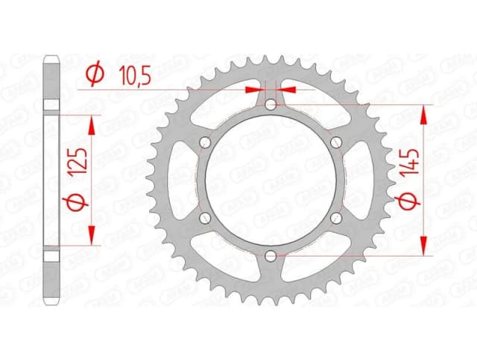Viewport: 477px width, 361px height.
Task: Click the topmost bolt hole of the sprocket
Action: pos(270,106)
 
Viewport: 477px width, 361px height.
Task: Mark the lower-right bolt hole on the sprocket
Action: pos(335,218)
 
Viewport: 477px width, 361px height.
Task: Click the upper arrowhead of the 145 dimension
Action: pos(424,112)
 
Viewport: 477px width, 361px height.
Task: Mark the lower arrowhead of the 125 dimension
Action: pos(92,237)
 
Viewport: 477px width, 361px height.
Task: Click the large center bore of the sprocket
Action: pos(270,180)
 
